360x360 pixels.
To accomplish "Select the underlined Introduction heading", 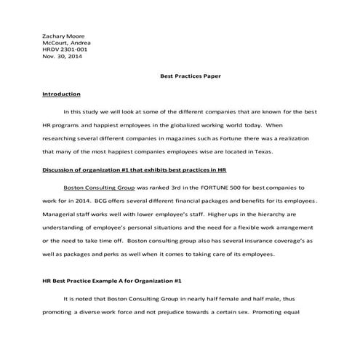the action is pos(61,94).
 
